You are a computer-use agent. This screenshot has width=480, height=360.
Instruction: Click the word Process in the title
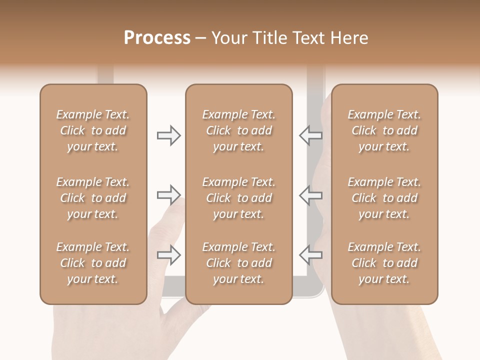[157, 38]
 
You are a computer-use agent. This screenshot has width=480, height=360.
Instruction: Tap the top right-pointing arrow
[169, 135]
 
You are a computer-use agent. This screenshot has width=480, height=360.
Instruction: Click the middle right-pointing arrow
[169, 195]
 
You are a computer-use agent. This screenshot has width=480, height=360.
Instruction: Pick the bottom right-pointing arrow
[169, 255]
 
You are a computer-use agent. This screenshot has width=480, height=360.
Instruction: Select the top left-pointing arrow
[311, 135]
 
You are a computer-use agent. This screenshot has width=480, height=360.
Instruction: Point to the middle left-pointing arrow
[311, 195]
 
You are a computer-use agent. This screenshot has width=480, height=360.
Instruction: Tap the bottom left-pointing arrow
[311, 255]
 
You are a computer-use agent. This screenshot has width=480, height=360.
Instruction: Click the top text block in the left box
[93, 130]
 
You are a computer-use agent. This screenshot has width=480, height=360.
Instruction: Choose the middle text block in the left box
[93, 198]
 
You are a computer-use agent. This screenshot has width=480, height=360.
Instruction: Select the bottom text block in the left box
[93, 263]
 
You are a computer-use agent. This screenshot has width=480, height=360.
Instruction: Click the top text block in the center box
[239, 130]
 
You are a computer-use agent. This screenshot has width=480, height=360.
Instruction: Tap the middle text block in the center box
[239, 198]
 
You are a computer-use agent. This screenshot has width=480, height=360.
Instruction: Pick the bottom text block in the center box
[239, 263]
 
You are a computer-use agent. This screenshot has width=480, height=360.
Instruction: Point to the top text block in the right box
[384, 130]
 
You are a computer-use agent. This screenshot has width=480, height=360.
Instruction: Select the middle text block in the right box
[384, 198]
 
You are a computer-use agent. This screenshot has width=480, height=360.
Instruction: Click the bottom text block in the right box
[384, 263]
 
